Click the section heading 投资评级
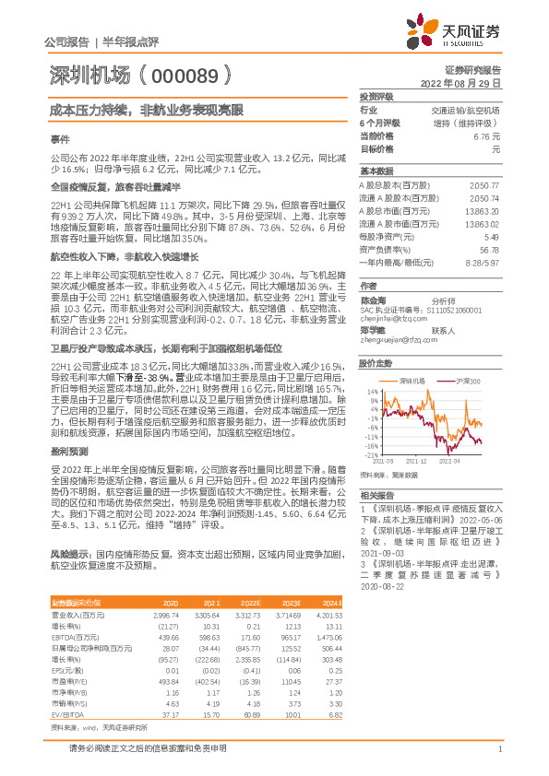click(x=376, y=96)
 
